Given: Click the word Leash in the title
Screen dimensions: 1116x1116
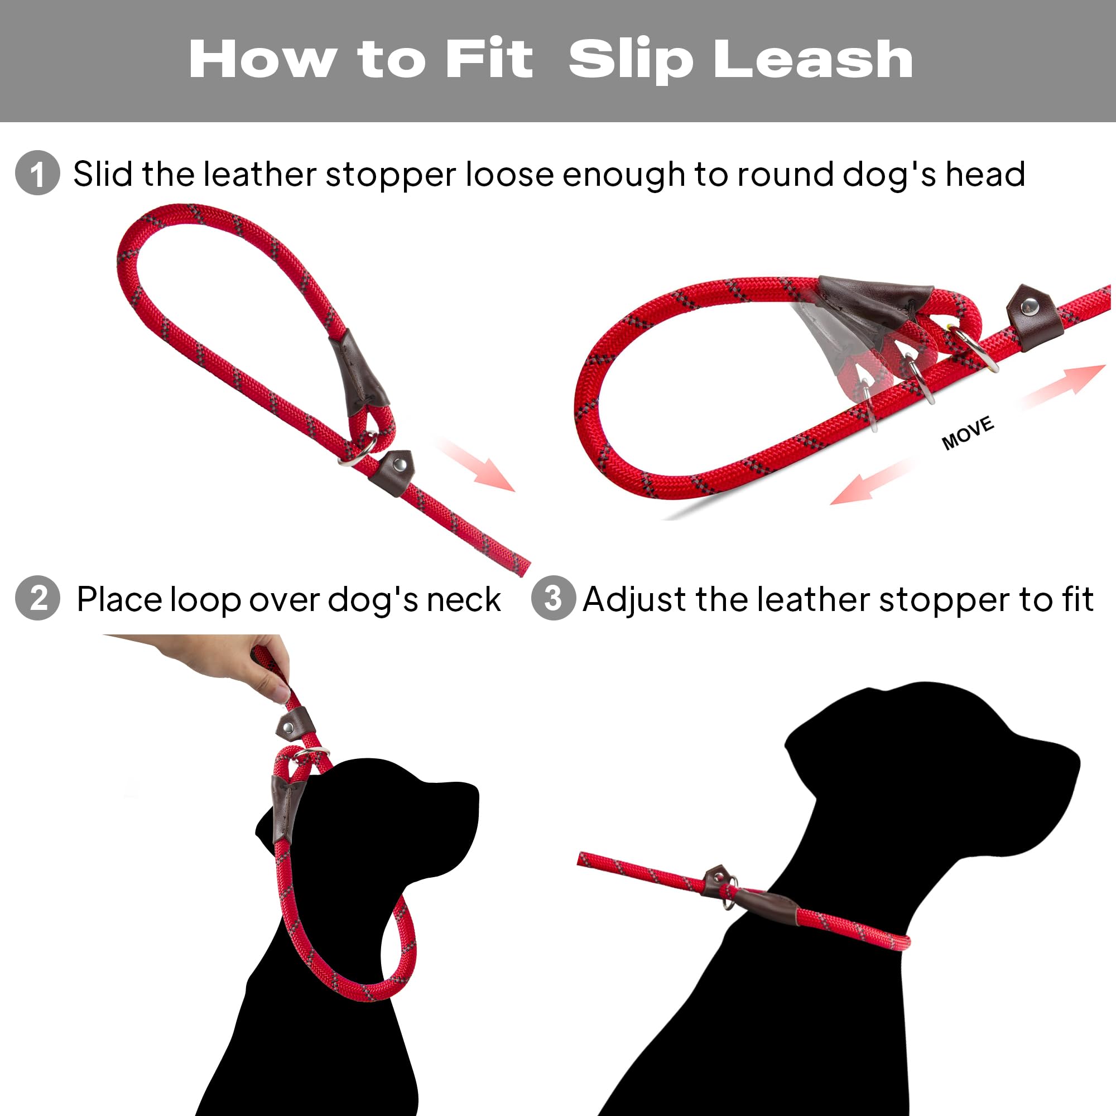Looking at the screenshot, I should point(814,60).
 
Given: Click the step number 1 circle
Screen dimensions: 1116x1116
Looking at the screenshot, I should point(37,173).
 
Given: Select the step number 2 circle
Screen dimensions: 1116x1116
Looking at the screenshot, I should point(37,598).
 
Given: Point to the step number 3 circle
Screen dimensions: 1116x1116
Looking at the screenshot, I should point(553,598).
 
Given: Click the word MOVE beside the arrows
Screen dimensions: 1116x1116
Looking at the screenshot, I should point(968,432).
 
